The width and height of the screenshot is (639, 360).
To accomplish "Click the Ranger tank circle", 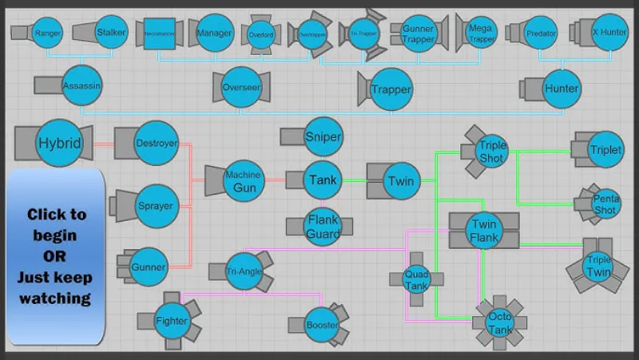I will (x=48, y=33).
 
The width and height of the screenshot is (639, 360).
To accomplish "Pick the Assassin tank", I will (x=82, y=85).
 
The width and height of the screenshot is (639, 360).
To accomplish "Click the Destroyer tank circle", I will (x=156, y=144).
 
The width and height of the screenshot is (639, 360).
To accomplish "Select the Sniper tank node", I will (x=323, y=136).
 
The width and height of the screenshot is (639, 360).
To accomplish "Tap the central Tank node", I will (x=323, y=180).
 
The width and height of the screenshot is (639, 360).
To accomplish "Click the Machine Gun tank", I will (x=243, y=181).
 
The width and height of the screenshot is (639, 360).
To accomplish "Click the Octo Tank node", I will (x=500, y=323).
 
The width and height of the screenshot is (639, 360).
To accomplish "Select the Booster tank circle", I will (x=321, y=325).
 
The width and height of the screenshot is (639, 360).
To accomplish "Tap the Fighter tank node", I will (x=171, y=321).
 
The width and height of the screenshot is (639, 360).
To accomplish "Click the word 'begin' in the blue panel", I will (x=56, y=235).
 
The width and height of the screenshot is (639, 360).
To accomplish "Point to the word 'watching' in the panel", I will (x=56, y=299).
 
